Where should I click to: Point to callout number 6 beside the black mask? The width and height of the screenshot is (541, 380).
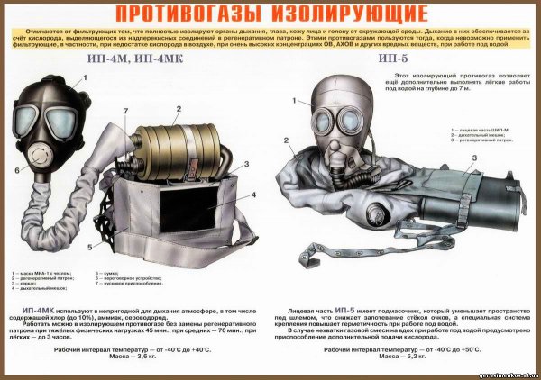(17, 168)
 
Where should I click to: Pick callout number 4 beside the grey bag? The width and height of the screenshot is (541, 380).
(254, 194)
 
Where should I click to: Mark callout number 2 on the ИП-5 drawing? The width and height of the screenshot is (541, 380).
(286, 140)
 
